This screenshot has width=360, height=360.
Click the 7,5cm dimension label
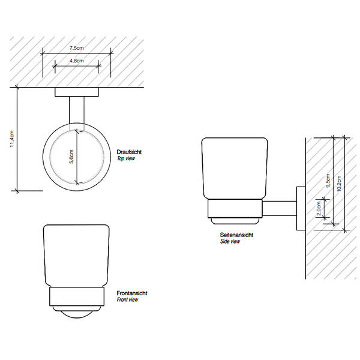click(x=77, y=48)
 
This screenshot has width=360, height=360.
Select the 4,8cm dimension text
click(x=77, y=61)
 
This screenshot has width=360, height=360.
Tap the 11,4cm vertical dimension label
click(x=12, y=139)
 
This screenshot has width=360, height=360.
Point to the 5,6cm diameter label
click(x=71, y=157)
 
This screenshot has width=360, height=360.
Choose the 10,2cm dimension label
click(x=339, y=183)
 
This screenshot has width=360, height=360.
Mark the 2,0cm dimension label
click(x=319, y=208)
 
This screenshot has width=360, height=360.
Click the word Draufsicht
click(x=129, y=152)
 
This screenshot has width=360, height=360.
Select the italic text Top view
click(x=126, y=158)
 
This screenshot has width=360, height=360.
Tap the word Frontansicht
click(x=132, y=293)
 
